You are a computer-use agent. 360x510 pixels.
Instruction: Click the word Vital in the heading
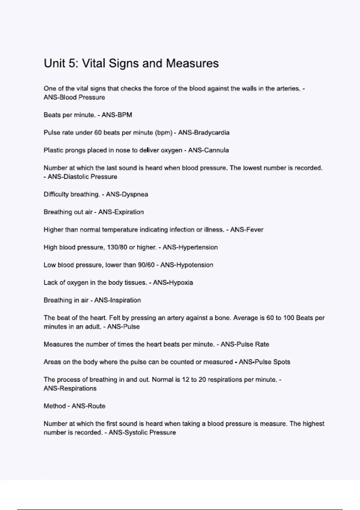93,63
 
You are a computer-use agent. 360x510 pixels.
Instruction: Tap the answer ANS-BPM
117,115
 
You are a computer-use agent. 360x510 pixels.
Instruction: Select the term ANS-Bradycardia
204,133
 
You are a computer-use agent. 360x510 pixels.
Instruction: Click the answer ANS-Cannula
208,150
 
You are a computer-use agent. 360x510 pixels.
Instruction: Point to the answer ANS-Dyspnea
127,194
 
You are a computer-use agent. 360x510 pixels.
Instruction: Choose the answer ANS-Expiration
121,212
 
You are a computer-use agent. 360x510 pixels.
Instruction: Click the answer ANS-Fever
247,230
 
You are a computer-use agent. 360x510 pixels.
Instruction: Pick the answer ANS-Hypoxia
173,283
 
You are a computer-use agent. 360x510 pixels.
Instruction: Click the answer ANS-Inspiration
117,300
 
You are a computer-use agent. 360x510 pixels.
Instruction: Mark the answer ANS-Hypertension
190,247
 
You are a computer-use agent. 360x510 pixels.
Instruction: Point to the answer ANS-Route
88,406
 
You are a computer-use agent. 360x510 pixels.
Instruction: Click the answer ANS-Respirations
70,388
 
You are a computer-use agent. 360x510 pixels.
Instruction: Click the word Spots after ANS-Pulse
280,362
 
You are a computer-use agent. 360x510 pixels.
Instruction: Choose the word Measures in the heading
192,63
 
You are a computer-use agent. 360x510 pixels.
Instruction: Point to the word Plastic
53,150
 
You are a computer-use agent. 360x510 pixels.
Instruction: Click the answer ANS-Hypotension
187,265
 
